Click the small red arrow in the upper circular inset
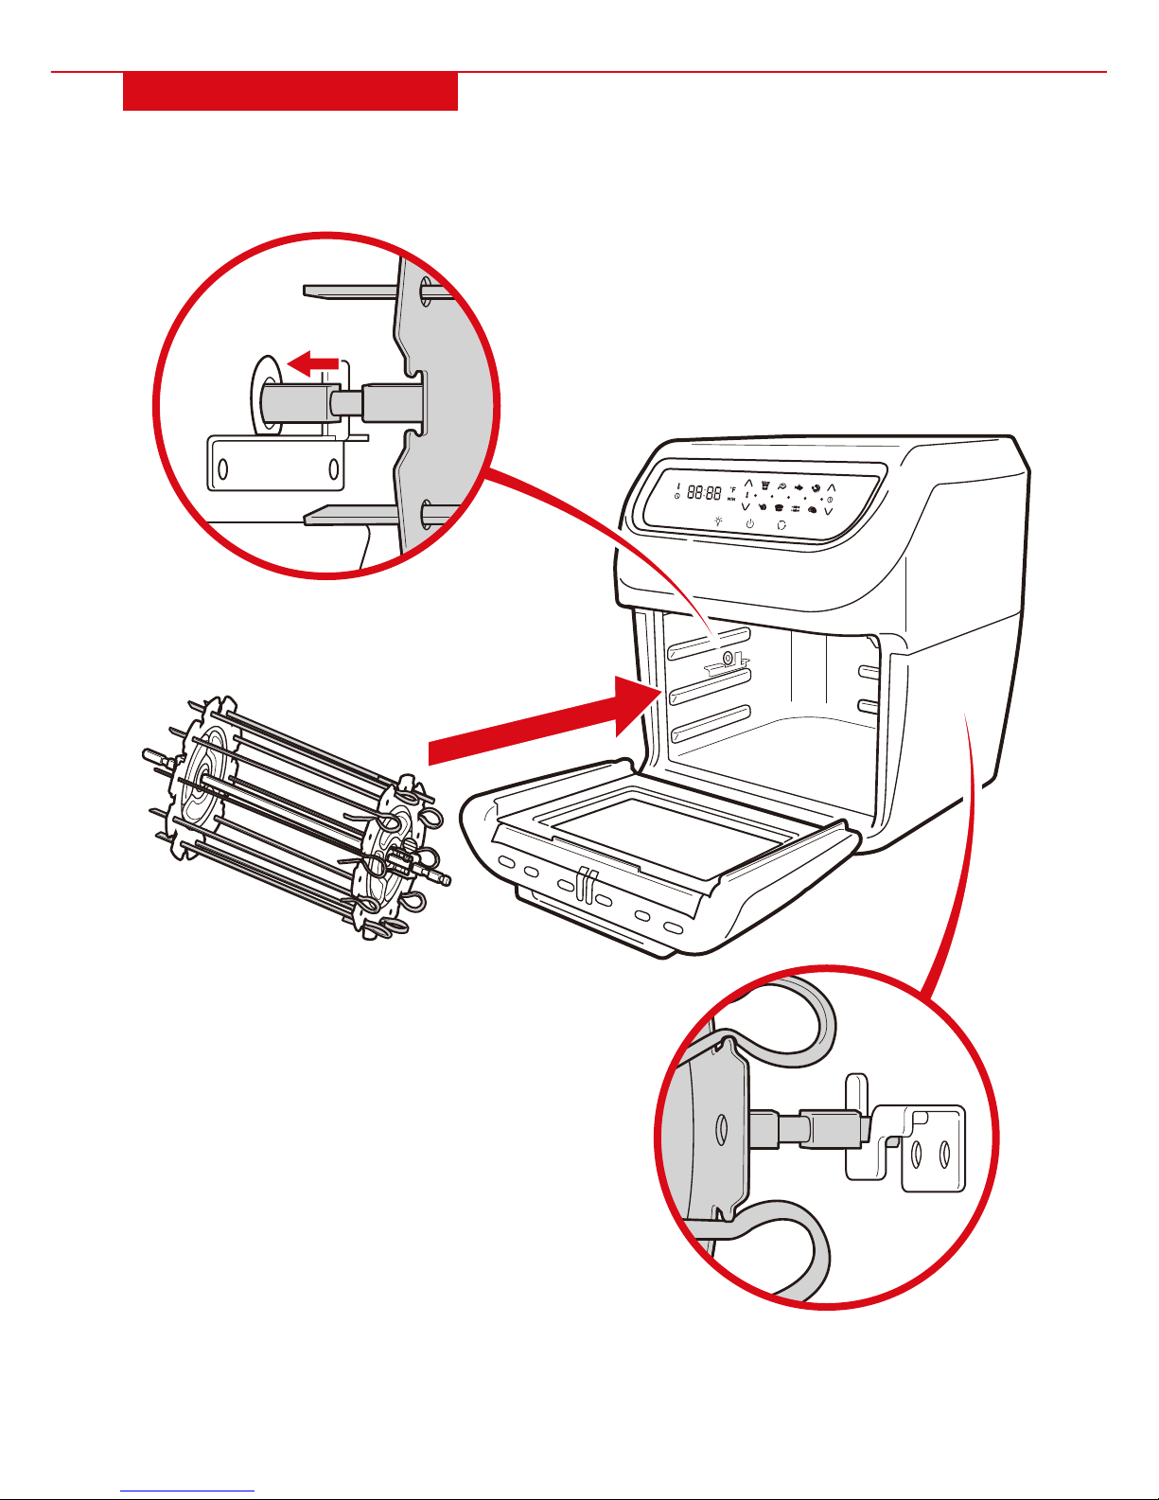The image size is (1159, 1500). point(312,362)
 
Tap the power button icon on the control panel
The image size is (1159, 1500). point(749,523)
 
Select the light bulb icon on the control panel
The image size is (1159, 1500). point(718,521)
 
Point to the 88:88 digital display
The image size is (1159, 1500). point(704,493)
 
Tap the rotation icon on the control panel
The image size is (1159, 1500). point(781,525)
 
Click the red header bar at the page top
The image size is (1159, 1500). point(290,92)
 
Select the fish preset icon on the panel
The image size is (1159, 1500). point(799,488)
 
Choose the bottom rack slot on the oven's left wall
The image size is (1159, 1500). point(710,724)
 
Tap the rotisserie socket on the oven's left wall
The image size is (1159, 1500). point(727,659)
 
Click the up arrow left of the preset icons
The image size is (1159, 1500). point(748,484)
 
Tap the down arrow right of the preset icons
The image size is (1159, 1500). point(829,511)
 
